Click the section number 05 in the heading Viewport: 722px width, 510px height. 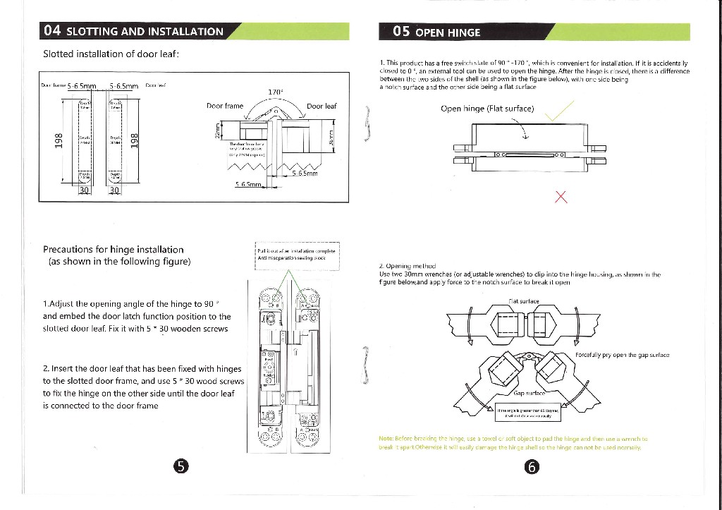click(x=402, y=32)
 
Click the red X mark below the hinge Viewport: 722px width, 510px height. click(x=561, y=196)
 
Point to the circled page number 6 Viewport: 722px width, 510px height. click(x=532, y=466)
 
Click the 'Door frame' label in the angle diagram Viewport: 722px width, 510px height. click(x=224, y=107)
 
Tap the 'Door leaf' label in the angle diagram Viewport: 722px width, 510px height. click(x=322, y=107)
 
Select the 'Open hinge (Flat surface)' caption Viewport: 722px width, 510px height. click(x=487, y=109)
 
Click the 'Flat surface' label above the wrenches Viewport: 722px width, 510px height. click(x=523, y=301)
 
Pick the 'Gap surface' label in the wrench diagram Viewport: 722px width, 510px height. click(x=529, y=392)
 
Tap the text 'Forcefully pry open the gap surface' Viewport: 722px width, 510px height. click(x=622, y=354)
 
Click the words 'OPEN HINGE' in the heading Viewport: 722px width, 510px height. click(x=448, y=32)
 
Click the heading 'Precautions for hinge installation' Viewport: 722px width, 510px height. click(x=113, y=249)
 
